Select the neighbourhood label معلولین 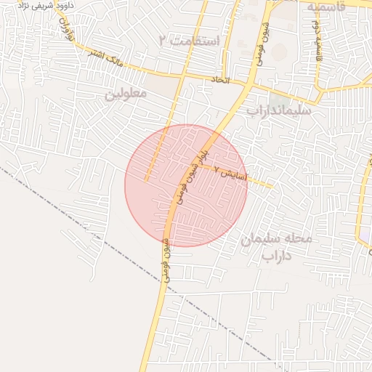[126, 94]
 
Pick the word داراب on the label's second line [276, 256]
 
